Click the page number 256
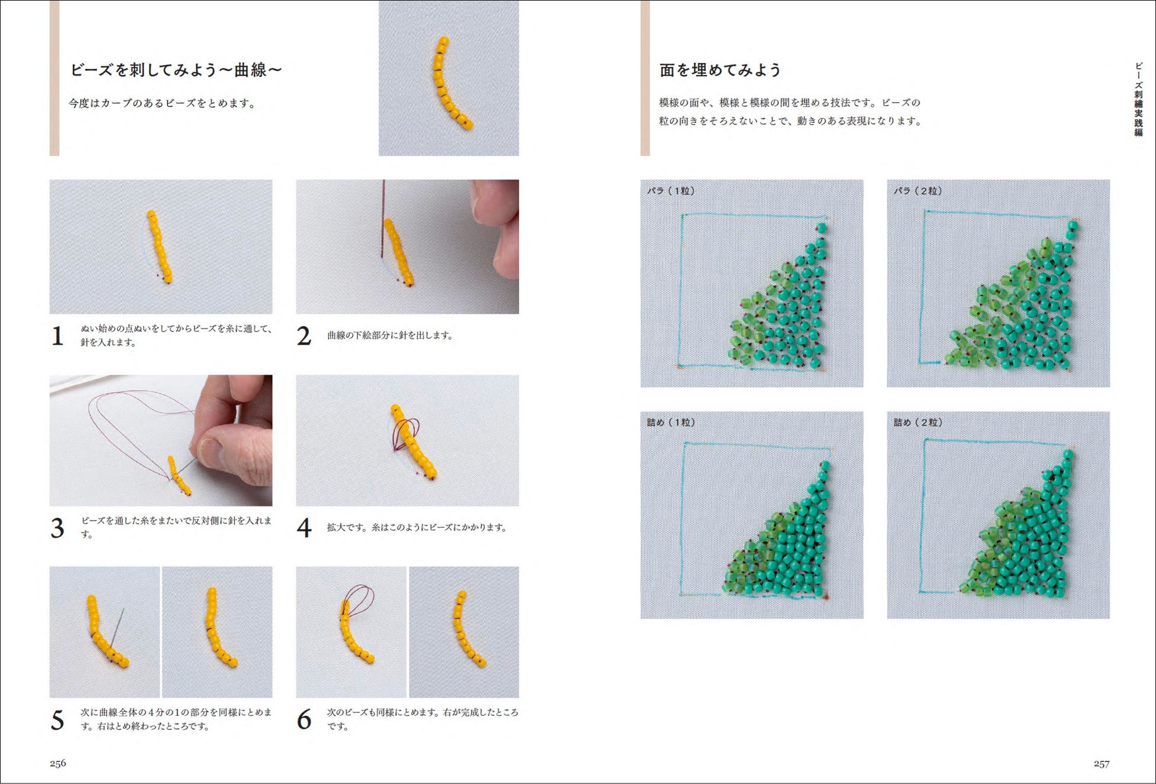[58, 763]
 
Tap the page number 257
[1101, 764]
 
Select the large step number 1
[58, 336]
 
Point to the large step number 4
[304, 528]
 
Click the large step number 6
[304, 719]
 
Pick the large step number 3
[58, 528]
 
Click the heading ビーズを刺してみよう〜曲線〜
[176, 70]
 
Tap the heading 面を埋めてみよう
[720, 70]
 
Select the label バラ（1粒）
[670, 191]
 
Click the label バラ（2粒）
[918, 191]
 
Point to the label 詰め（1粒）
[670, 422]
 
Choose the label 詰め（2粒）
[918, 422]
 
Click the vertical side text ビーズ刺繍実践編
[1138, 99]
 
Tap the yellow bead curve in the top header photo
[449, 83]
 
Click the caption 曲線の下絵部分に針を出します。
[391, 336]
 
